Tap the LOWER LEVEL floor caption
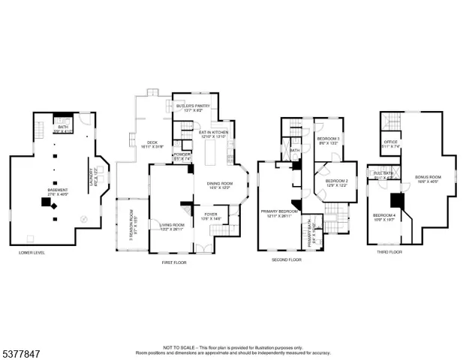(x=32, y=253)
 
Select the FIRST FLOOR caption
(x=173, y=262)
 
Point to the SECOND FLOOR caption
(x=286, y=259)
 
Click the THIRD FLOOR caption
(x=389, y=253)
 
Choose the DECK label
(x=152, y=145)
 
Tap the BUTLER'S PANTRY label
(x=193, y=106)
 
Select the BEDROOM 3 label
(x=329, y=139)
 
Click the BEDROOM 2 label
(x=336, y=182)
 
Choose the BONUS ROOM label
(x=428, y=178)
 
